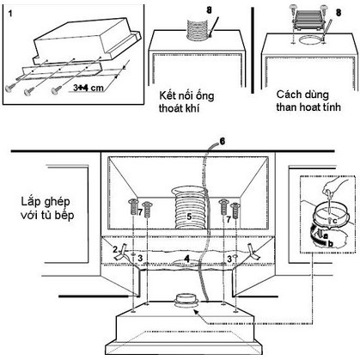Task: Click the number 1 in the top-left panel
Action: [x=10, y=14]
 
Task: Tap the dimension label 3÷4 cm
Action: [x=88, y=88]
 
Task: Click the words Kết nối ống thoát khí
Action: [x=186, y=101]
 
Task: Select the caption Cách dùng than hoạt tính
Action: [x=308, y=101]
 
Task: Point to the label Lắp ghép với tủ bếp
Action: [x=47, y=208]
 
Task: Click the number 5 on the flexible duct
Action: [x=189, y=217]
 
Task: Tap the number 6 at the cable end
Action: [x=223, y=141]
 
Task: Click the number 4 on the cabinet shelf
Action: [x=186, y=259]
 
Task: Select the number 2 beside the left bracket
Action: [x=115, y=249]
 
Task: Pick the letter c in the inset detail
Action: [x=335, y=220]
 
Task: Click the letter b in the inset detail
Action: [x=331, y=244]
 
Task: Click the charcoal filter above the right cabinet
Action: [x=308, y=20]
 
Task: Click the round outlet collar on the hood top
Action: [x=186, y=301]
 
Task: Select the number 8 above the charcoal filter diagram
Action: [x=339, y=13]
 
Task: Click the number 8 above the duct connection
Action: [x=210, y=10]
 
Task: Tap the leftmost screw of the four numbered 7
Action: [x=133, y=207]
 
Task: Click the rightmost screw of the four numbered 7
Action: [x=235, y=211]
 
